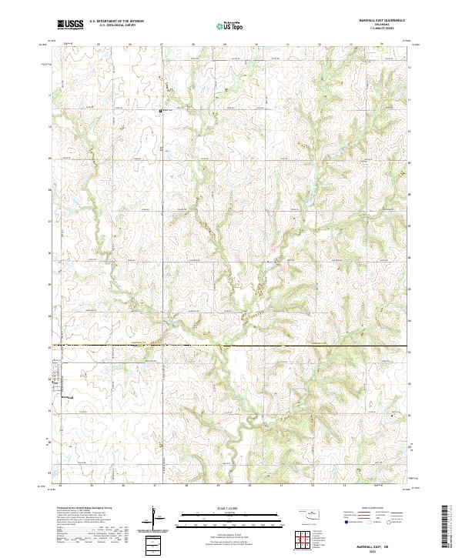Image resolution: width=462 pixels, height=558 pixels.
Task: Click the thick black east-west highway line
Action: [x=231, y=346]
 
